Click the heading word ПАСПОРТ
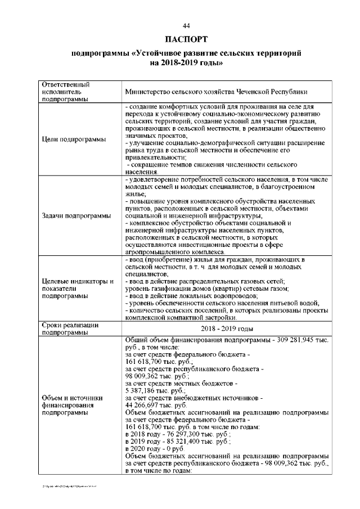186,40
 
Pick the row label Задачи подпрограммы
75,216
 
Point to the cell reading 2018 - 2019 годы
226,329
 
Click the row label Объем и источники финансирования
70,406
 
